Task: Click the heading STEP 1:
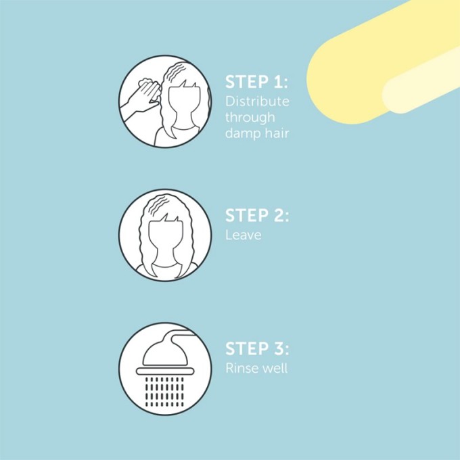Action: tap(256, 83)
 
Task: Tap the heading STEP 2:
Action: tap(256, 216)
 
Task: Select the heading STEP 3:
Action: tap(256, 349)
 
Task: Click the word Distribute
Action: tap(257, 101)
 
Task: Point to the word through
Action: tap(250, 118)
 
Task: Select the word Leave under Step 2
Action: tap(243, 235)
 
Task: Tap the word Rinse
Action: tap(241, 369)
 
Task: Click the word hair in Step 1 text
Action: tap(277, 133)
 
